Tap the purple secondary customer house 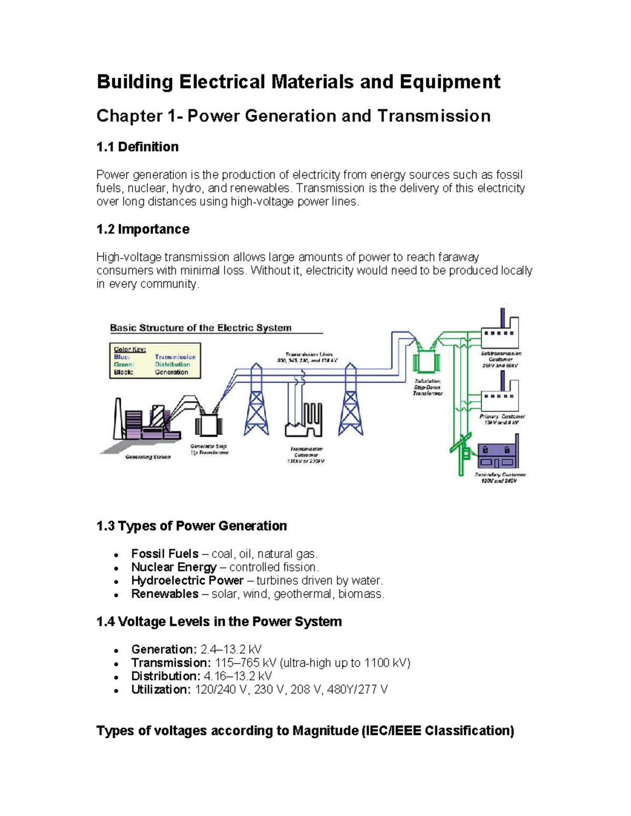(498, 455)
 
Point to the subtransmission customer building (500, 332)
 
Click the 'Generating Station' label (148, 457)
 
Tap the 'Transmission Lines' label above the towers (308, 355)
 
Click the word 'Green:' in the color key (124, 364)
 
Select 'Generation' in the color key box (171, 372)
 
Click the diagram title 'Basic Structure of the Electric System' (200, 328)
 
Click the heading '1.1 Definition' (137, 147)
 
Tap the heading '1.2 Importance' (143, 229)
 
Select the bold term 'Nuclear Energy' (174, 567)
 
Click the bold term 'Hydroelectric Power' (187, 581)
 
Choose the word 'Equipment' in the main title (450, 82)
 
